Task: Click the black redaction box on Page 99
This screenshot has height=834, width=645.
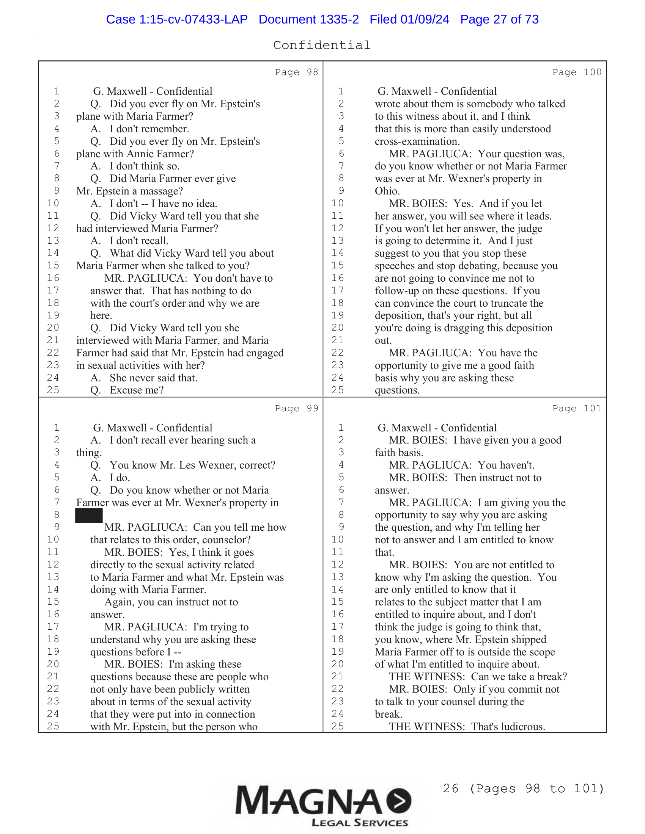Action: coord(89,515)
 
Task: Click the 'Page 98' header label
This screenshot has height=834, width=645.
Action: coord(296,72)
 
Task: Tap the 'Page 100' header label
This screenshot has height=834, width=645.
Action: coord(576,72)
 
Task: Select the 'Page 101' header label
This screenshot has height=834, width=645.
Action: coord(576,408)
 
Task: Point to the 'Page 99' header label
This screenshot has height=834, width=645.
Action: coord(296,408)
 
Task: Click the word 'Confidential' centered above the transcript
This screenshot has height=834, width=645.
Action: coord(322,45)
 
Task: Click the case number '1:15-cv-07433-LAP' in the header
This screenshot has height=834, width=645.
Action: coord(193,19)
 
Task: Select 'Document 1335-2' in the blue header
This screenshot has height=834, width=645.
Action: coord(308,19)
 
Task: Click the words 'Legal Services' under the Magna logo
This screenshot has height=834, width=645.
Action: coord(360,823)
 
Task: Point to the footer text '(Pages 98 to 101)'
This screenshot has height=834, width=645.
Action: coord(536,788)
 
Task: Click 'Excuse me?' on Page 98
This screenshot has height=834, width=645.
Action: coord(137,390)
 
